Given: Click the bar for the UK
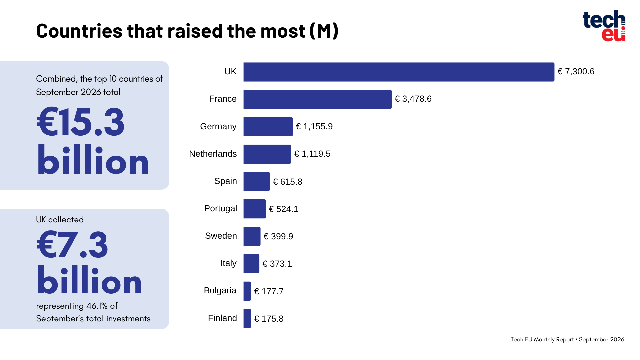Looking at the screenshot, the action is click(399, 72).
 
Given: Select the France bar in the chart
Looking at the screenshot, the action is click(317, 99).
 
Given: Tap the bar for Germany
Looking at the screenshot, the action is click(268, 127).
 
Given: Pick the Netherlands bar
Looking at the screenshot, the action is click(267, 154).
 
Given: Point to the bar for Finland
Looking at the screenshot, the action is click(247, 318).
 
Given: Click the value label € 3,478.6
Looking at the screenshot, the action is click(413, 99).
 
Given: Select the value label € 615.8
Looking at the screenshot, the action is click(287, 182).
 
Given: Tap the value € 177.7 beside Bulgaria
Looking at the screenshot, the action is click(269, 291).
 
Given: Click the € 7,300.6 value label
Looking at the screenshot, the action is click(576, 72).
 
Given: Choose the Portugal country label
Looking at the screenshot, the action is click(221, 209).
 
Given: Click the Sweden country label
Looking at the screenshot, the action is click(221, 236).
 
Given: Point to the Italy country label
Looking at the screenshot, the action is click(228, 263).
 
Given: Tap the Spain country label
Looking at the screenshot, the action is click(226, 181).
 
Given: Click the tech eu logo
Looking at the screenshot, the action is click(604, 26).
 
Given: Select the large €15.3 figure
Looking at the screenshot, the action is click(81, 122).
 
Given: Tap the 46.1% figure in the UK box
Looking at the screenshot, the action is click(97, 306).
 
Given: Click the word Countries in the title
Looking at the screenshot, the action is click(79, 31).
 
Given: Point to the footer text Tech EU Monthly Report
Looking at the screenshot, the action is click(542, 339).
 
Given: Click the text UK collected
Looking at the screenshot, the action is click(60, 219).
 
